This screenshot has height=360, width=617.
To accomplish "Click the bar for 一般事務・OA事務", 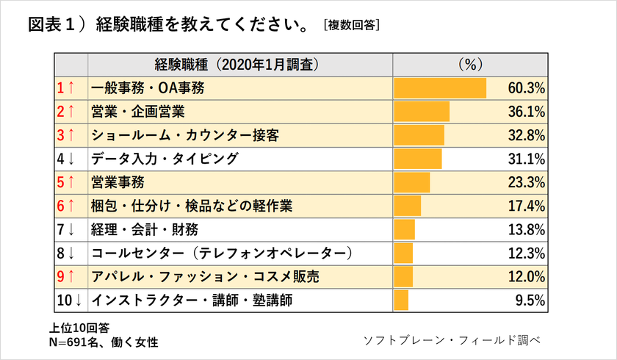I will point(440,89).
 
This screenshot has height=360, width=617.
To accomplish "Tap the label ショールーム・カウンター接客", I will point(185,135).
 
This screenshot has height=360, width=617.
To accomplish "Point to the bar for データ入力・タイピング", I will point(418,159).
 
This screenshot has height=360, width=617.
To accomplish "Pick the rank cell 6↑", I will point(66,206).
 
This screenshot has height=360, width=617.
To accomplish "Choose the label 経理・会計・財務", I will point(145,229).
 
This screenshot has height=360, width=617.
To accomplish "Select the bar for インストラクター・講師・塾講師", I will point(401,300).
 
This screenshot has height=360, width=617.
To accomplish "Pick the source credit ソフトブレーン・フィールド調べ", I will point(452,340).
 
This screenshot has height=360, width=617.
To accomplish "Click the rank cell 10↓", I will point(68,300).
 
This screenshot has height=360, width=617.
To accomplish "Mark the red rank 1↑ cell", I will point(66,89).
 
